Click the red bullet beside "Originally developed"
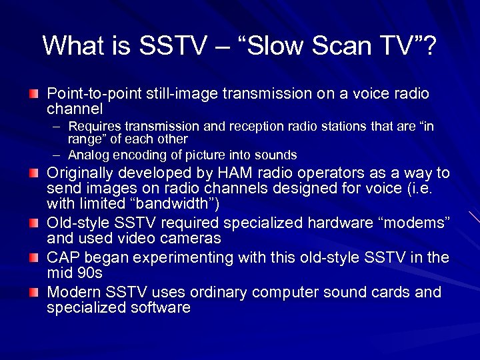pyautogui.click(x=33, y=173)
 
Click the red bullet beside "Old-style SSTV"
pyautogui.click(x=33, y=222)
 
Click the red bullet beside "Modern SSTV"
pyautogui.click(x=33, y=291)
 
